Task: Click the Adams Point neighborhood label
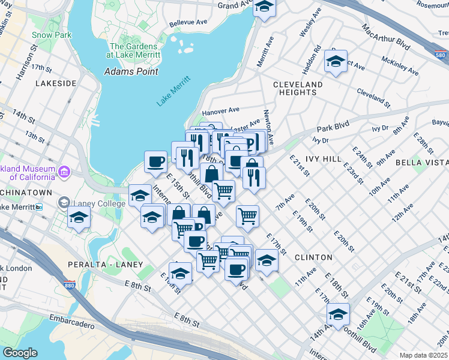(x=131, y=71)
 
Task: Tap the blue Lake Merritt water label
(x=173, y=91)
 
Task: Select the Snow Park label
(x=52, y=35)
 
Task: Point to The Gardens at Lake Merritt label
(x=134, y=50)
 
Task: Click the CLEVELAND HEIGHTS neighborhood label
(x=298, y=88)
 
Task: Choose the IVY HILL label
(x=323, y=159)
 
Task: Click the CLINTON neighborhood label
(x=313, y=257)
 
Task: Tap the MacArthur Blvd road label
(x=386, y=37)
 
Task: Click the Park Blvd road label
(x=333, y=129)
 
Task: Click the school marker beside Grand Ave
(x=263, y=8)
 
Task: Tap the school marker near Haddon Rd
(x=336, y=61)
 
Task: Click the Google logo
(x=20, y=353)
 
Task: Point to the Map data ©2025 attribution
(x=423, y=355)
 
